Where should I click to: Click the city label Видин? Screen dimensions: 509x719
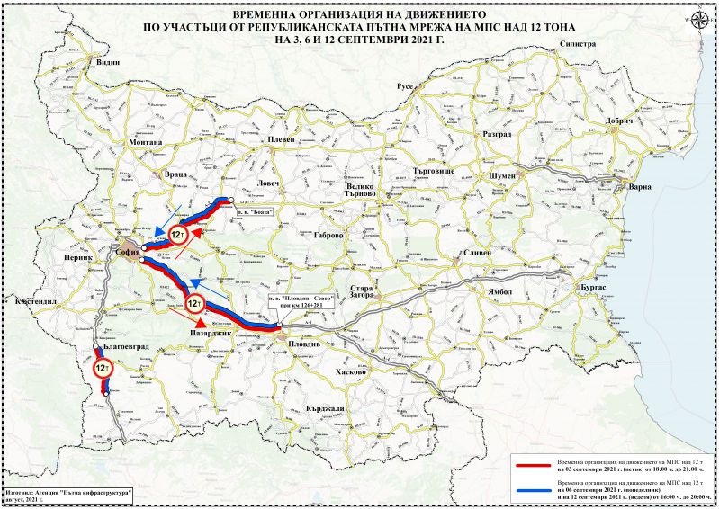pyautogui.click(x=108, y=63)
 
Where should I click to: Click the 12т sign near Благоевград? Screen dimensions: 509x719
pyautogui.click(x=103, y=368)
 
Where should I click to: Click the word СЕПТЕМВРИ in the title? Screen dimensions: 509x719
pyautogui.click(x=358, y=40)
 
